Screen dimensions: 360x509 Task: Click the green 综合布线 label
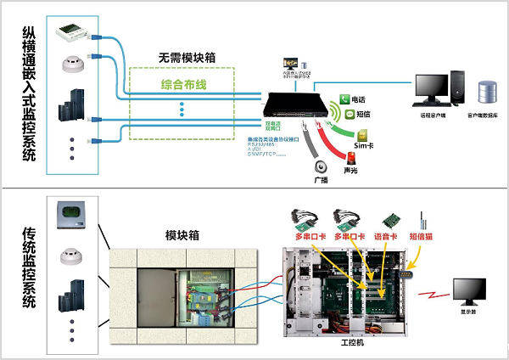184,85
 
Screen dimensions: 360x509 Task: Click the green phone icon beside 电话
346,99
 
